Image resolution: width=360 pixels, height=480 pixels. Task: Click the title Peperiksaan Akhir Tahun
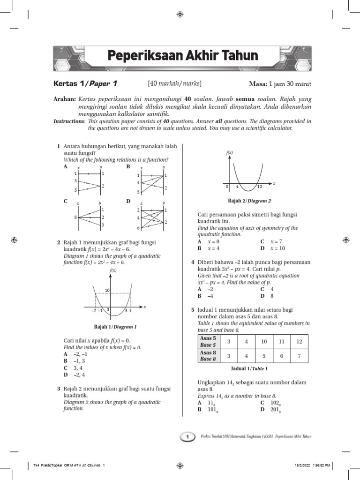click(x=183, y=56)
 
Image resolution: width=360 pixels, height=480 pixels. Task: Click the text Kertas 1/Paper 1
click(x=84, y=84)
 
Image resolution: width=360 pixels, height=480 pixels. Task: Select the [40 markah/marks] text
click(x=174, y=84)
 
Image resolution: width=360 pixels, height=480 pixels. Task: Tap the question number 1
click(x=58, y=147)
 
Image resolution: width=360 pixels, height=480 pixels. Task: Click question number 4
click(x=193, y=262)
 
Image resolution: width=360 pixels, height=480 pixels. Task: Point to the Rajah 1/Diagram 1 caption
click(x=115, y=327)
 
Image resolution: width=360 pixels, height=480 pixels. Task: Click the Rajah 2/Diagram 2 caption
click(x=249, y=201)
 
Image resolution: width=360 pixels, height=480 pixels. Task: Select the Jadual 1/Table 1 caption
click(x=249, y=369)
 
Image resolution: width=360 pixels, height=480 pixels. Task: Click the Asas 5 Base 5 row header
click(x=208, y=341)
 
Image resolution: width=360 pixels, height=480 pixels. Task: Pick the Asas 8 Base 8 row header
click(x=208, y=356)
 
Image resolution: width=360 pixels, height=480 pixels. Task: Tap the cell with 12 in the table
click(x=299, y=341)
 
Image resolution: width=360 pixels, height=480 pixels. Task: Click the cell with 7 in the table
click(x=299, y=356)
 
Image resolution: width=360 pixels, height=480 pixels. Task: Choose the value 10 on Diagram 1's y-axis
click(x=107, y=291)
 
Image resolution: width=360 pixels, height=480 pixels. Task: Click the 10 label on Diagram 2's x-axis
click(x=260, y=187)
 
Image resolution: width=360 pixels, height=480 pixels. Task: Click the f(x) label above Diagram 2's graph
click(x=230, y=153)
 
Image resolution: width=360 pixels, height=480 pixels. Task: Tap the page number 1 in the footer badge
click(x=187, y=437)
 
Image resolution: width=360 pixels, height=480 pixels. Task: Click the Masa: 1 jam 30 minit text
click(x=280, y=84)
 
